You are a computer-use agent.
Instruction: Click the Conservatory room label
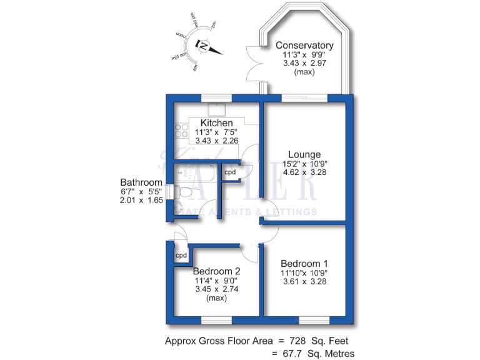(304, 46)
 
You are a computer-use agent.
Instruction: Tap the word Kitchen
(216, 123)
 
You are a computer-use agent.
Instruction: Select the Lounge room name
(304, 154)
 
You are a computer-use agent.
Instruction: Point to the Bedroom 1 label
(304, 263)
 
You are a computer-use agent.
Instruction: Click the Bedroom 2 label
(216, 272)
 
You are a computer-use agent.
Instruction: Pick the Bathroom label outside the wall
(141, 182)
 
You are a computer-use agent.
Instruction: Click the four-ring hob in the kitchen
(181, 131)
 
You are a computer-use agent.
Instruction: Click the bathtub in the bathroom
(194, 172)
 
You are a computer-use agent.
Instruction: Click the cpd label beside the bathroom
(230, 172)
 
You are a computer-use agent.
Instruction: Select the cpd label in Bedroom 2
(181, 255)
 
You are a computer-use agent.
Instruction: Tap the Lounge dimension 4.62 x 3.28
(304, 172)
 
